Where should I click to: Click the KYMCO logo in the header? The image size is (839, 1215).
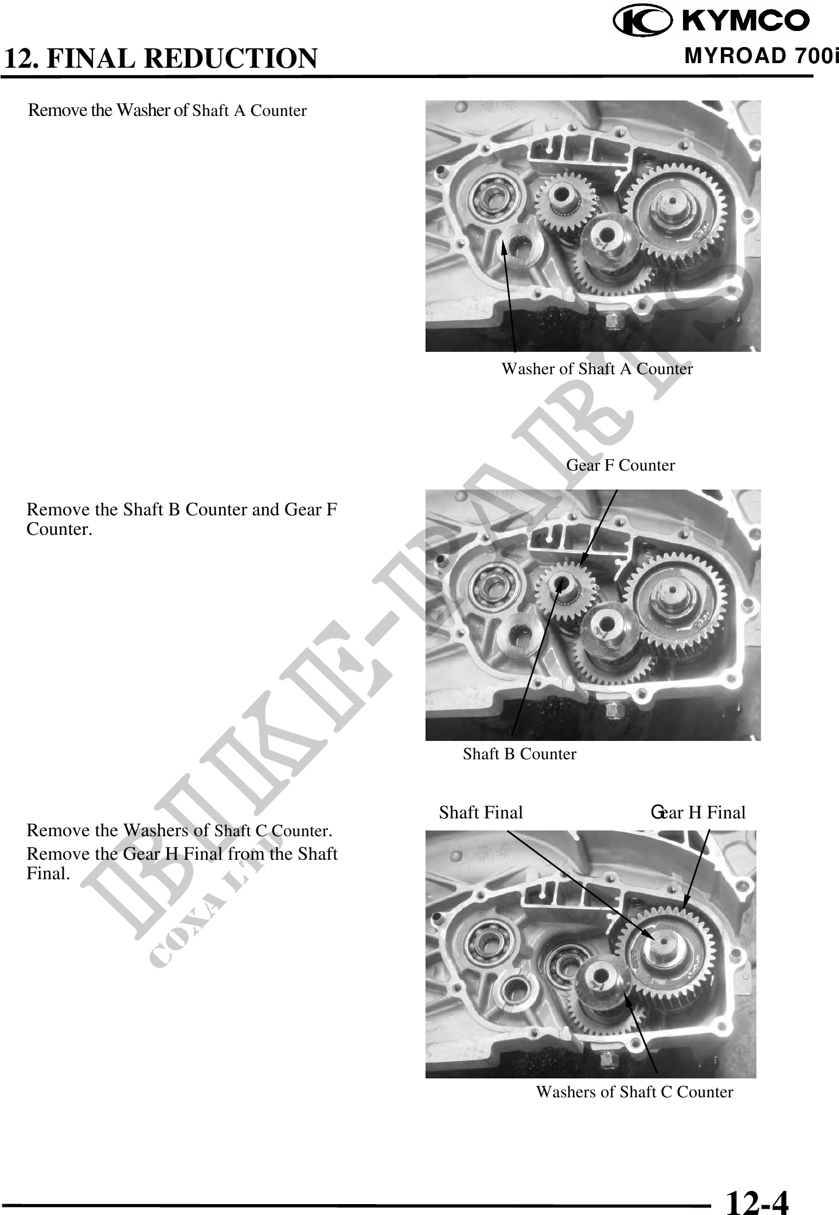coord(711,21)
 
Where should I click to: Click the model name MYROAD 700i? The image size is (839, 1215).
coord(761,56)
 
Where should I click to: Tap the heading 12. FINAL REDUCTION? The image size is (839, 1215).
coord(160,58)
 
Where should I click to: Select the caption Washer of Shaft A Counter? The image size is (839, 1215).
coord(597,368)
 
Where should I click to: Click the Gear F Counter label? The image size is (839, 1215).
coord(621,465)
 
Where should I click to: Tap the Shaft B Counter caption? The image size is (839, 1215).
coord(520,754)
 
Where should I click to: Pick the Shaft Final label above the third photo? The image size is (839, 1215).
coord(481,812)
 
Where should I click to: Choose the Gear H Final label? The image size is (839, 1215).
coord(698,812)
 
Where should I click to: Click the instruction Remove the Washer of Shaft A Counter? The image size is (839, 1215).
coord(167,110)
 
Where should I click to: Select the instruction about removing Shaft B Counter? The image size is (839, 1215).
coord(182,519)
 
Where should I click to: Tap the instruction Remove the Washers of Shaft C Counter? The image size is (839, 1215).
coord(180,830)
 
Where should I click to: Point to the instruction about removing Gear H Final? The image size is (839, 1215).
coord(182,863)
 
